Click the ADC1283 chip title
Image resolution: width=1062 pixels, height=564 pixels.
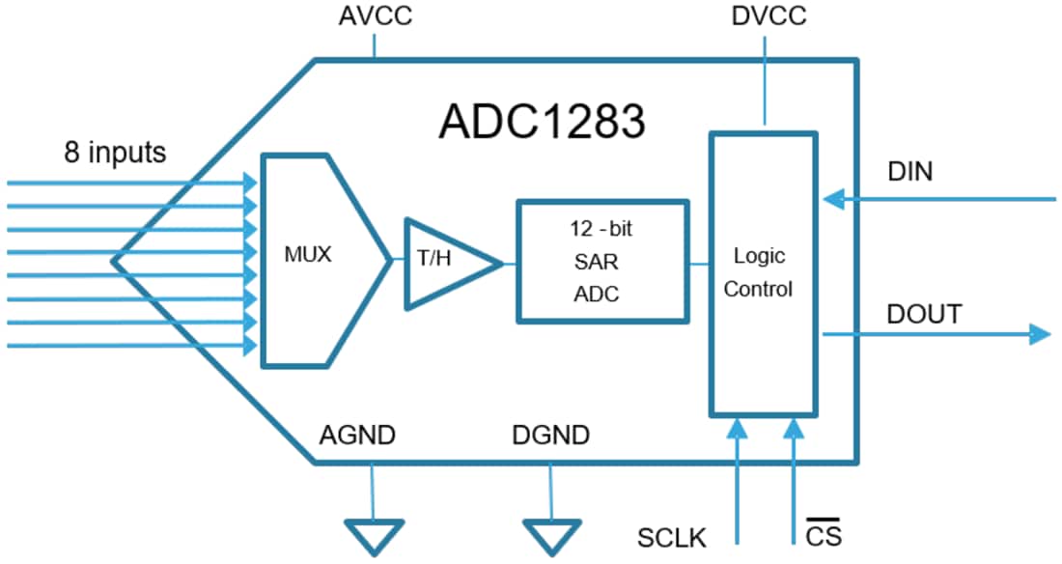point(542,122)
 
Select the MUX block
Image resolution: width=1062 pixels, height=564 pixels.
point(309,258)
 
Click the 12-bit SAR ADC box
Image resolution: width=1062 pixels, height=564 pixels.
point(602,262)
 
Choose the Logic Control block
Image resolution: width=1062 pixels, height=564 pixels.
point(763,272)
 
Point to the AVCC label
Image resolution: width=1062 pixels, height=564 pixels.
point(376,17)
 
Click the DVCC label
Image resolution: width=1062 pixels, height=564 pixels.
point(769,17)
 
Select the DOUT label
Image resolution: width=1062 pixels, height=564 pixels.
point(924,314)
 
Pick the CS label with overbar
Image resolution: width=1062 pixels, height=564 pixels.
point(816,533)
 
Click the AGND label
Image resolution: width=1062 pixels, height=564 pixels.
point(357,436)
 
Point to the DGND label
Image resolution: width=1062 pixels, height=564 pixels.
point(551,436)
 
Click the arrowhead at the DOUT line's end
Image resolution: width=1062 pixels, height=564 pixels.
point(1040,334)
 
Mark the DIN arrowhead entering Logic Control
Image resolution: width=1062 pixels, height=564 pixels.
point(832,200)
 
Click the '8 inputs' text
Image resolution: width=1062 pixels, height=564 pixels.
point(115,152)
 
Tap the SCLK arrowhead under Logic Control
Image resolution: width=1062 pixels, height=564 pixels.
point(738,427)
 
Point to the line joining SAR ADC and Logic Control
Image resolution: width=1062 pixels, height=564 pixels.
point(700,262)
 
